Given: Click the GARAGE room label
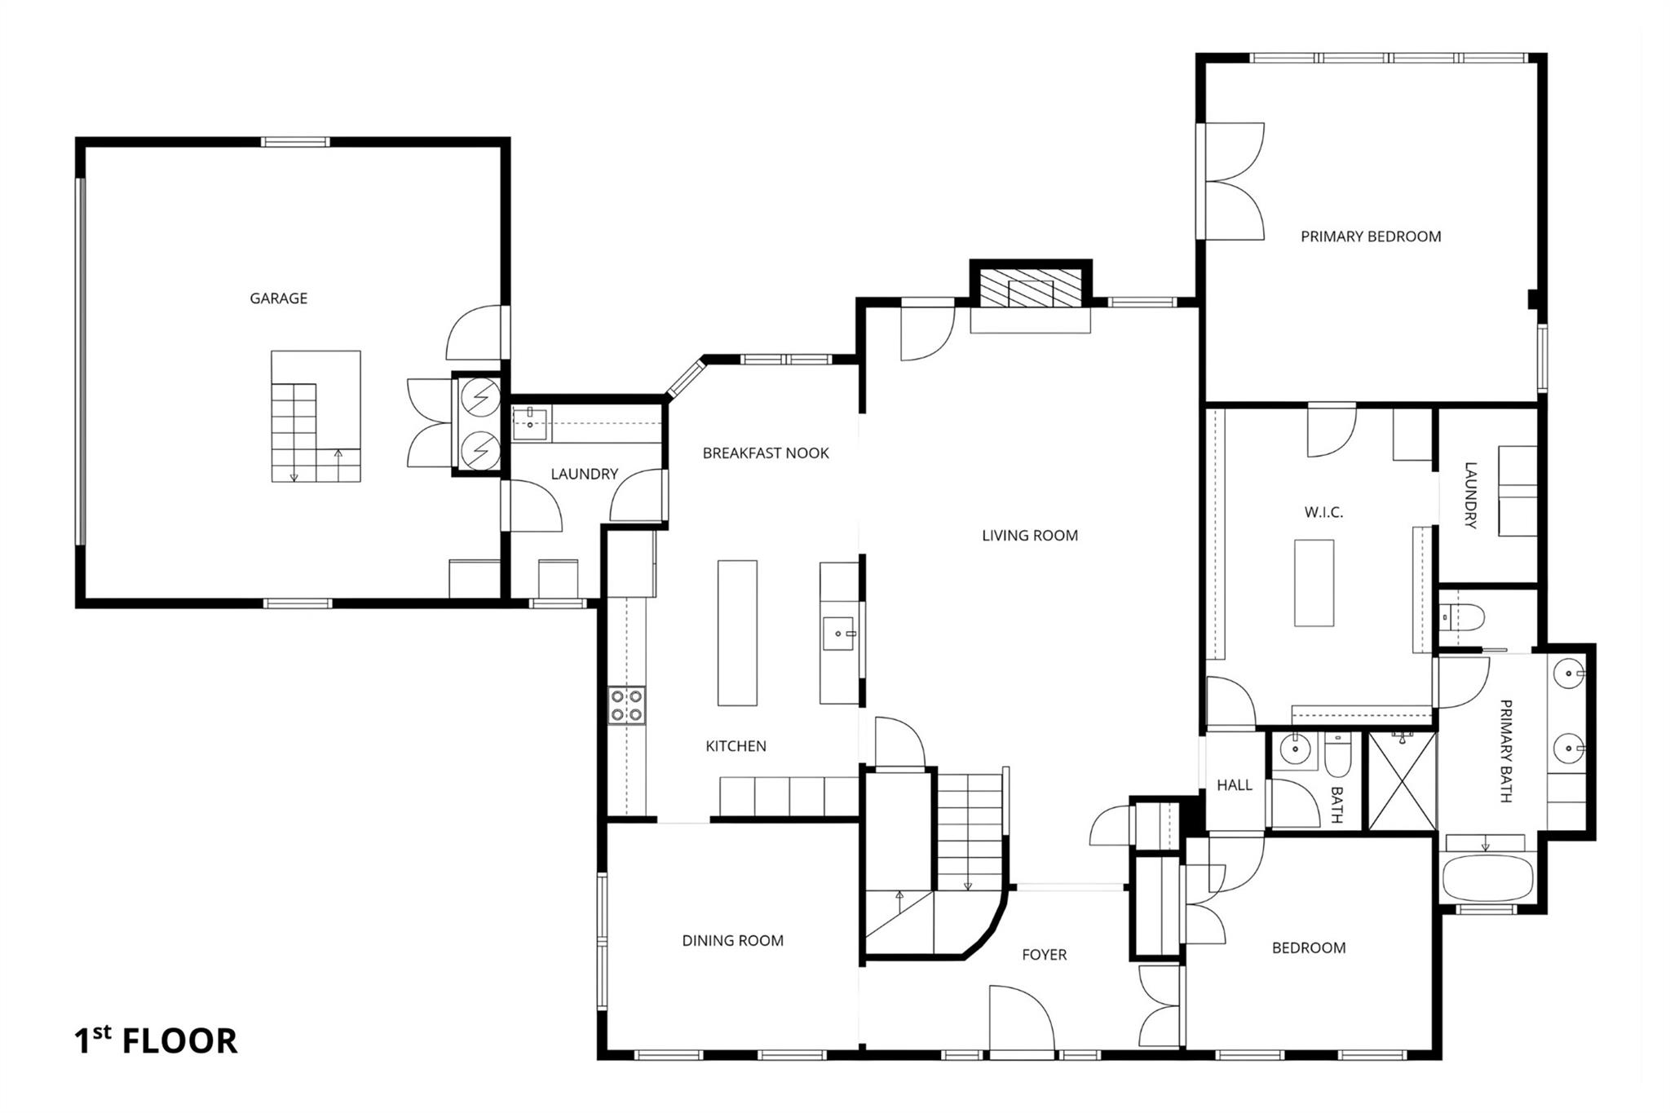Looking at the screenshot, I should (x=278, y=298).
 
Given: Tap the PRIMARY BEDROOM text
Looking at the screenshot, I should (x=1371, y=236).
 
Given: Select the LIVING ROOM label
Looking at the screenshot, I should (x=1029, y=536).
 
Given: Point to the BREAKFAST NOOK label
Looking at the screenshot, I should (x=766, y=453).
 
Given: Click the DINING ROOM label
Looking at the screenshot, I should (x=732, y=941).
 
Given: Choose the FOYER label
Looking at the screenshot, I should (x=1044, y=955).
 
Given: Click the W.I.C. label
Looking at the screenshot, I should (x=1323, y=513).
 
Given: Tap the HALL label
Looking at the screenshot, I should (x=1234, y=785).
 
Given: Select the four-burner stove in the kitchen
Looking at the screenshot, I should (x=627, y=706).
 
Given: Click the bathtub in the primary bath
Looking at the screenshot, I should (x=1487, y=878).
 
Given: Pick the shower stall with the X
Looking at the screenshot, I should (x=1402, y=781).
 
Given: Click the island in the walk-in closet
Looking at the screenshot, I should (x=1314, y=582).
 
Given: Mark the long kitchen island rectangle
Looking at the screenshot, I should (x=736, y=632).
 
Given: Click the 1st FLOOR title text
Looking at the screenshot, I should (x=156, y=1041).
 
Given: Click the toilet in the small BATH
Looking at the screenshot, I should (x=1338, y=756).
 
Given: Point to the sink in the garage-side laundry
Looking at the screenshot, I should (x=530, y=424).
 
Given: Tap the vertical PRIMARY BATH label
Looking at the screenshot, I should (x=1505, y=751).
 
